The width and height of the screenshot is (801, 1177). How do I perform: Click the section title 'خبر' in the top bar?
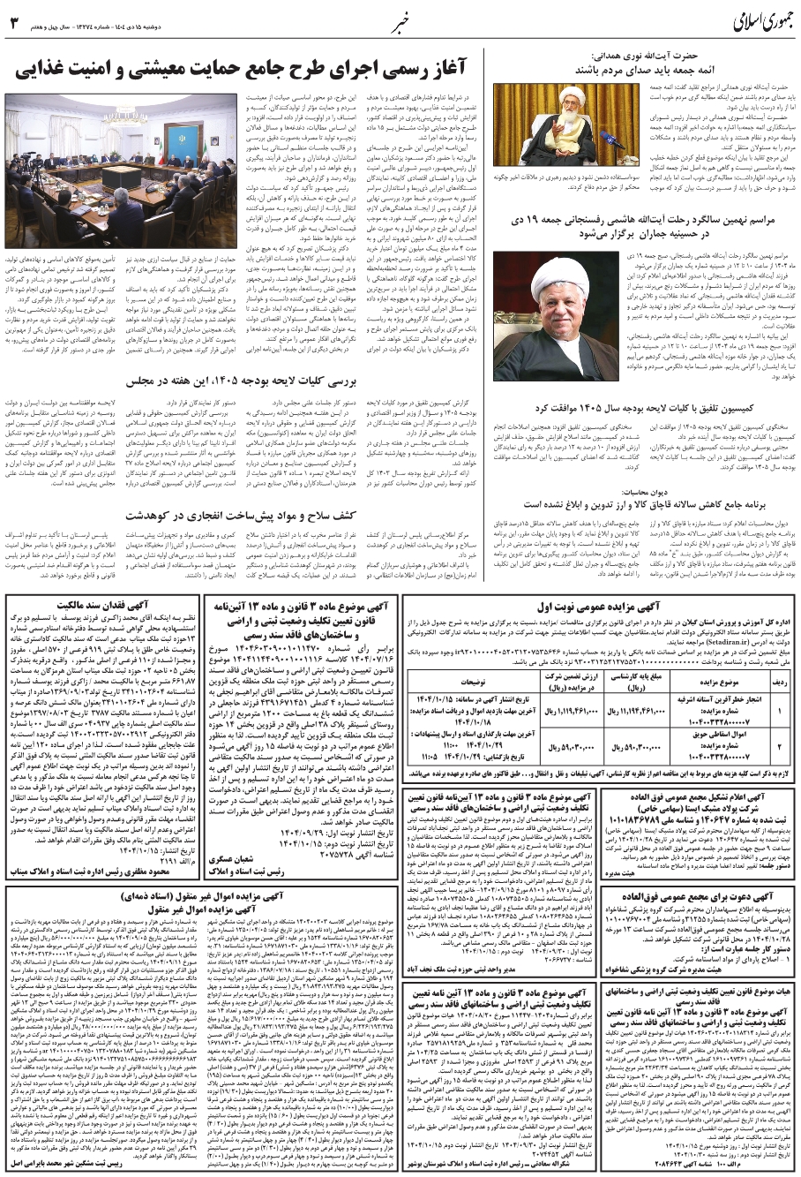pos(400,19)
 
